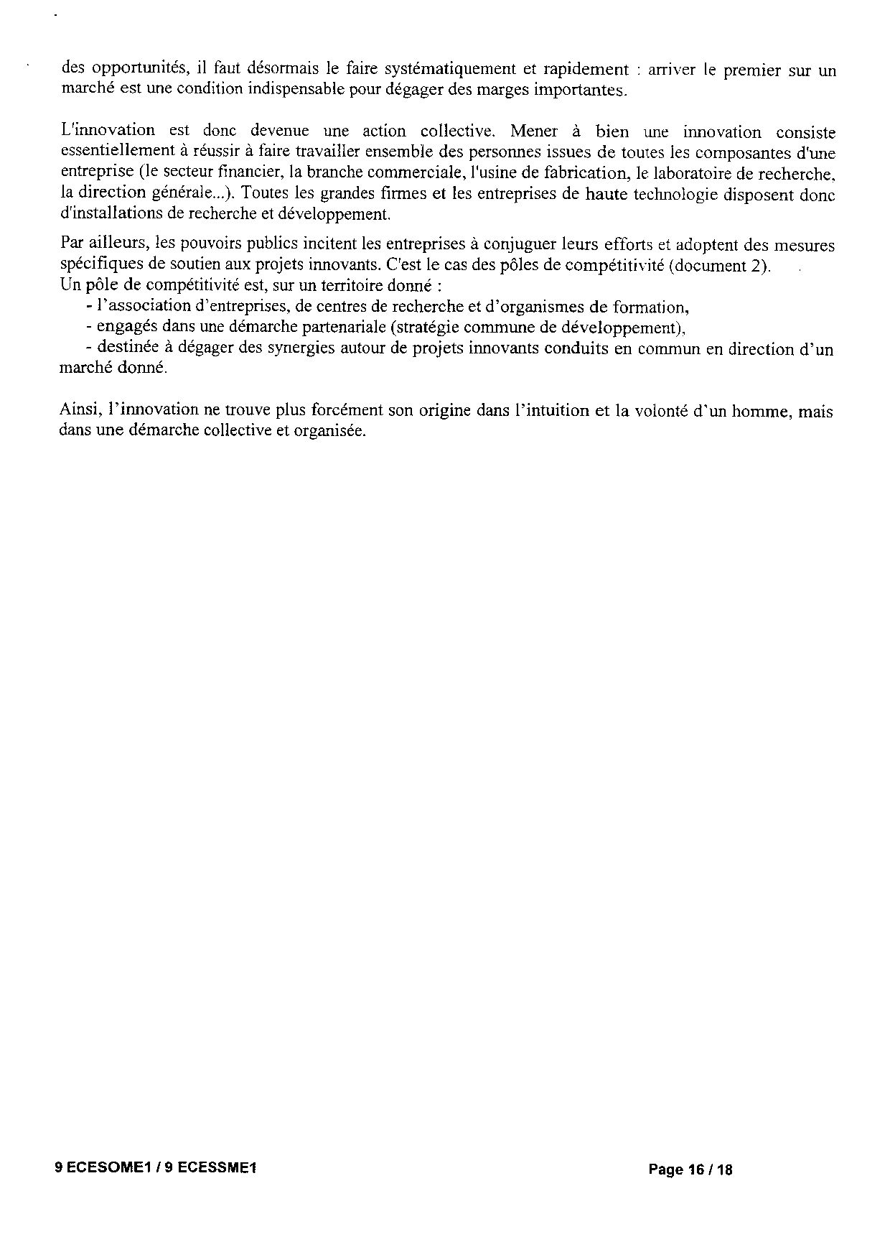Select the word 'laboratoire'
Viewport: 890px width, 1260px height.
click(690, 172)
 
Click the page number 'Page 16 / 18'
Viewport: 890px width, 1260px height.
click(690, 1169)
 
